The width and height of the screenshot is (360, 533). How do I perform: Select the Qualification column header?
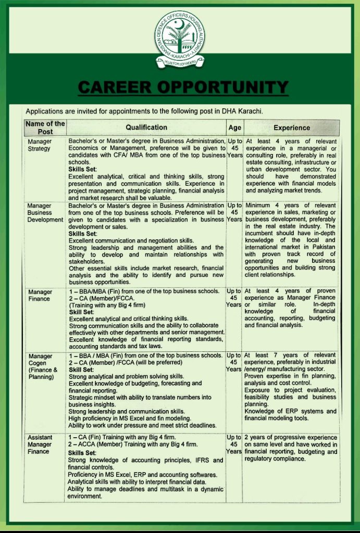click(x=146, y=128)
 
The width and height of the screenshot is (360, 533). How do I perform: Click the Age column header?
click(x=234, y=128)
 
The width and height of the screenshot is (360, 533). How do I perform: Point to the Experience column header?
click(x=291, y=128)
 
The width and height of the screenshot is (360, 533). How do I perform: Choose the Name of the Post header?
click(x=45, y=128)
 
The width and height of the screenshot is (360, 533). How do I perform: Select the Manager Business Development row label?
click(x=45, y=212)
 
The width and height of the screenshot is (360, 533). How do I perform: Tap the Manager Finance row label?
click(x=40, y=295)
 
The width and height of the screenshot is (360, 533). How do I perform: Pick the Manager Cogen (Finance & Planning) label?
click(x=42, y=366)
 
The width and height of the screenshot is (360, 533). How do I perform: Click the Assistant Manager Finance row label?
click(x=40, y=445)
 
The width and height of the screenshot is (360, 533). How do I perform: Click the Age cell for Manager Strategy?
click(x=234, y=148)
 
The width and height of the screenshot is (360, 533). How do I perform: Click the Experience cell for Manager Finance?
click(x=291, y=308)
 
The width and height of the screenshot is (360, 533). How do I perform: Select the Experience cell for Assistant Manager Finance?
click(x=291, y=448)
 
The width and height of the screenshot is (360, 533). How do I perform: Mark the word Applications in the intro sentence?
click(x=45, y=111)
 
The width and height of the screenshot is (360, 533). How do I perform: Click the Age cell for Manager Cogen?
click(x=234, y=362)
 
